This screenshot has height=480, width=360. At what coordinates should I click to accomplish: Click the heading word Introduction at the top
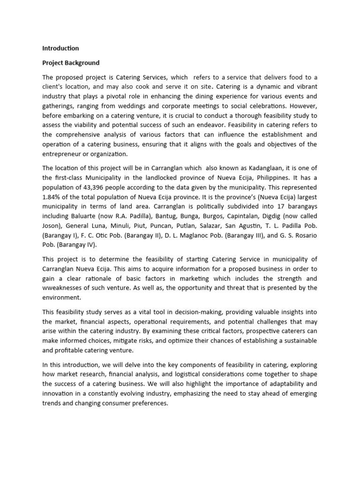[60, 48]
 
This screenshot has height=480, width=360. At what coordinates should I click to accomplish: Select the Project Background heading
[71, 62]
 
